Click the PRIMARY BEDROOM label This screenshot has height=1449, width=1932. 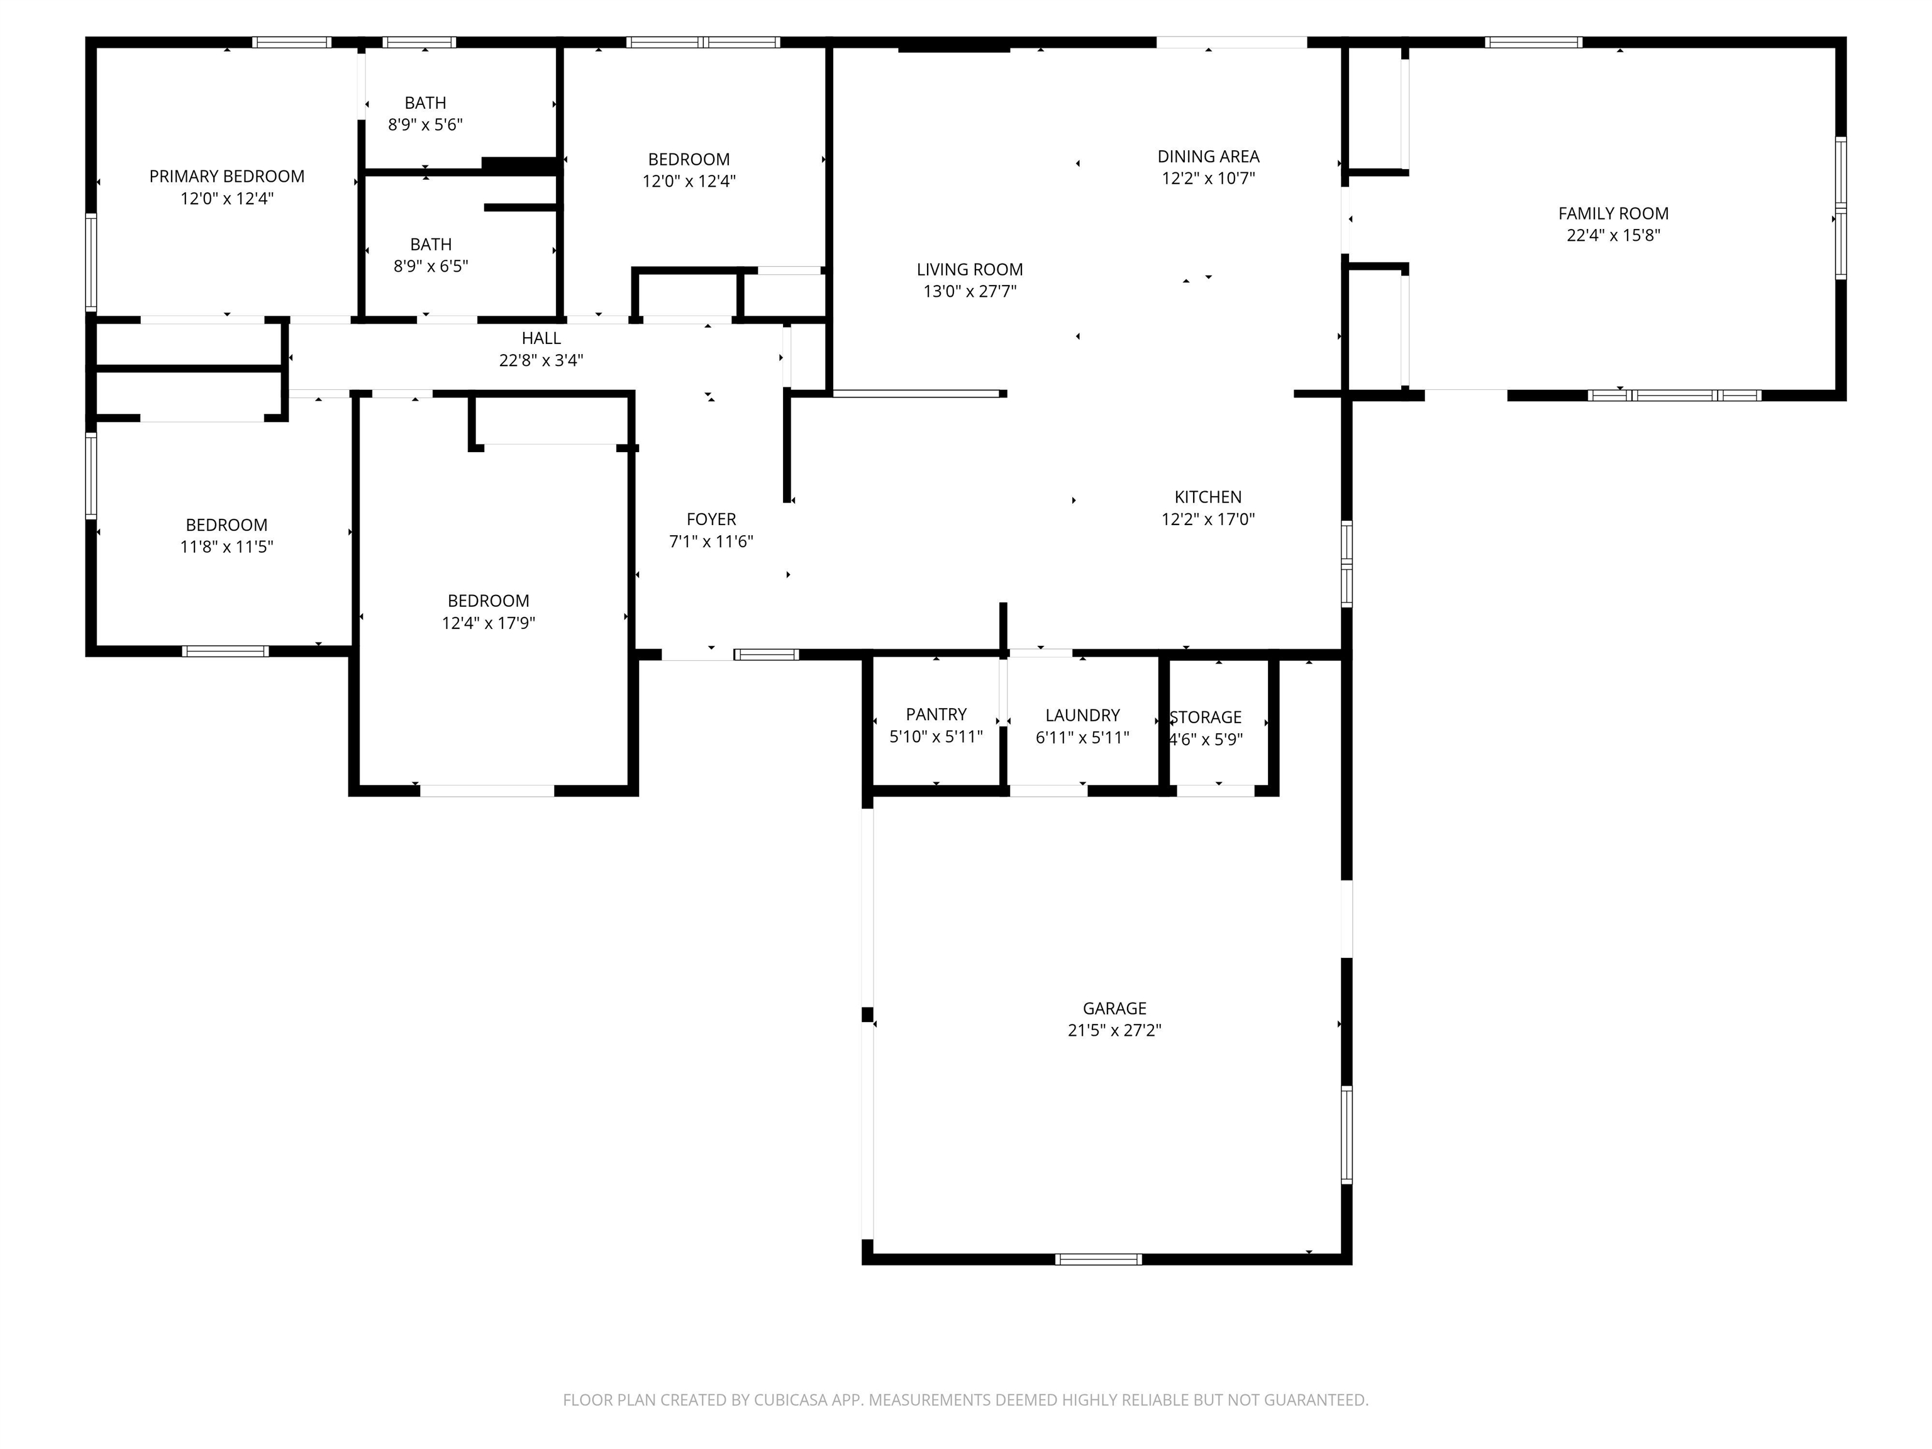(227, 177)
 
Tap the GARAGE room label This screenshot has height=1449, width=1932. (1114, 1008)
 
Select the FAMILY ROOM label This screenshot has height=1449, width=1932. (1613, 213)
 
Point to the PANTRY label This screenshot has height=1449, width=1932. (936, 714)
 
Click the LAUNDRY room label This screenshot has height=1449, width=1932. (1082, 715)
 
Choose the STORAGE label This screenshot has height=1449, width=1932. (1206, 717)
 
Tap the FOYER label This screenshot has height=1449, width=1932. (711, 519)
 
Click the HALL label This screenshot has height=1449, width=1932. (541, 338)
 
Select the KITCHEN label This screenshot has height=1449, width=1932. (1208, 497)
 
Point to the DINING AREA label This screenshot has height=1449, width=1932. (1209, 157)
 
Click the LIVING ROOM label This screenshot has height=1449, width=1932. (970, 270)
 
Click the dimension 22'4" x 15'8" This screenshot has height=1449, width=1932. (1613, 235)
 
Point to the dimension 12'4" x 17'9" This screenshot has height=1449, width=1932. (488, 623)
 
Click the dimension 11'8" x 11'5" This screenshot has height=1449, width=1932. (227, 547)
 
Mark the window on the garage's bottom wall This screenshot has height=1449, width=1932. (1098, 1258)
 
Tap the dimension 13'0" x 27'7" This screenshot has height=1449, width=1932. (970, 292)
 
